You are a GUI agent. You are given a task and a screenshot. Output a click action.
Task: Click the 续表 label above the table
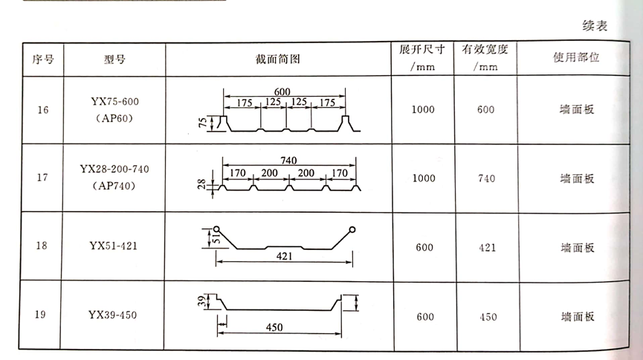pos(595,27)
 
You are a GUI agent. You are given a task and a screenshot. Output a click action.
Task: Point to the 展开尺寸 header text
pos(421,51)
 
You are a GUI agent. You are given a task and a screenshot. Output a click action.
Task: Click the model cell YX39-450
pos(112,315)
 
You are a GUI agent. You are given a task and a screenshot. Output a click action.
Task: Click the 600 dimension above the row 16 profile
pos(282,91)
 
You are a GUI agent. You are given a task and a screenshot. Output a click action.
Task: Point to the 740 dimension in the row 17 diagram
pos(290,160)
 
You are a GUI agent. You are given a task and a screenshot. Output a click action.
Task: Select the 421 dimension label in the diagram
pos(285,256)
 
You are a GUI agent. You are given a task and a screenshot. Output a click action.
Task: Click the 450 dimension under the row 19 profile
pos(275,327)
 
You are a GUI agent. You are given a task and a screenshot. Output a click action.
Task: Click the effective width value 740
pos(486,179)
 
